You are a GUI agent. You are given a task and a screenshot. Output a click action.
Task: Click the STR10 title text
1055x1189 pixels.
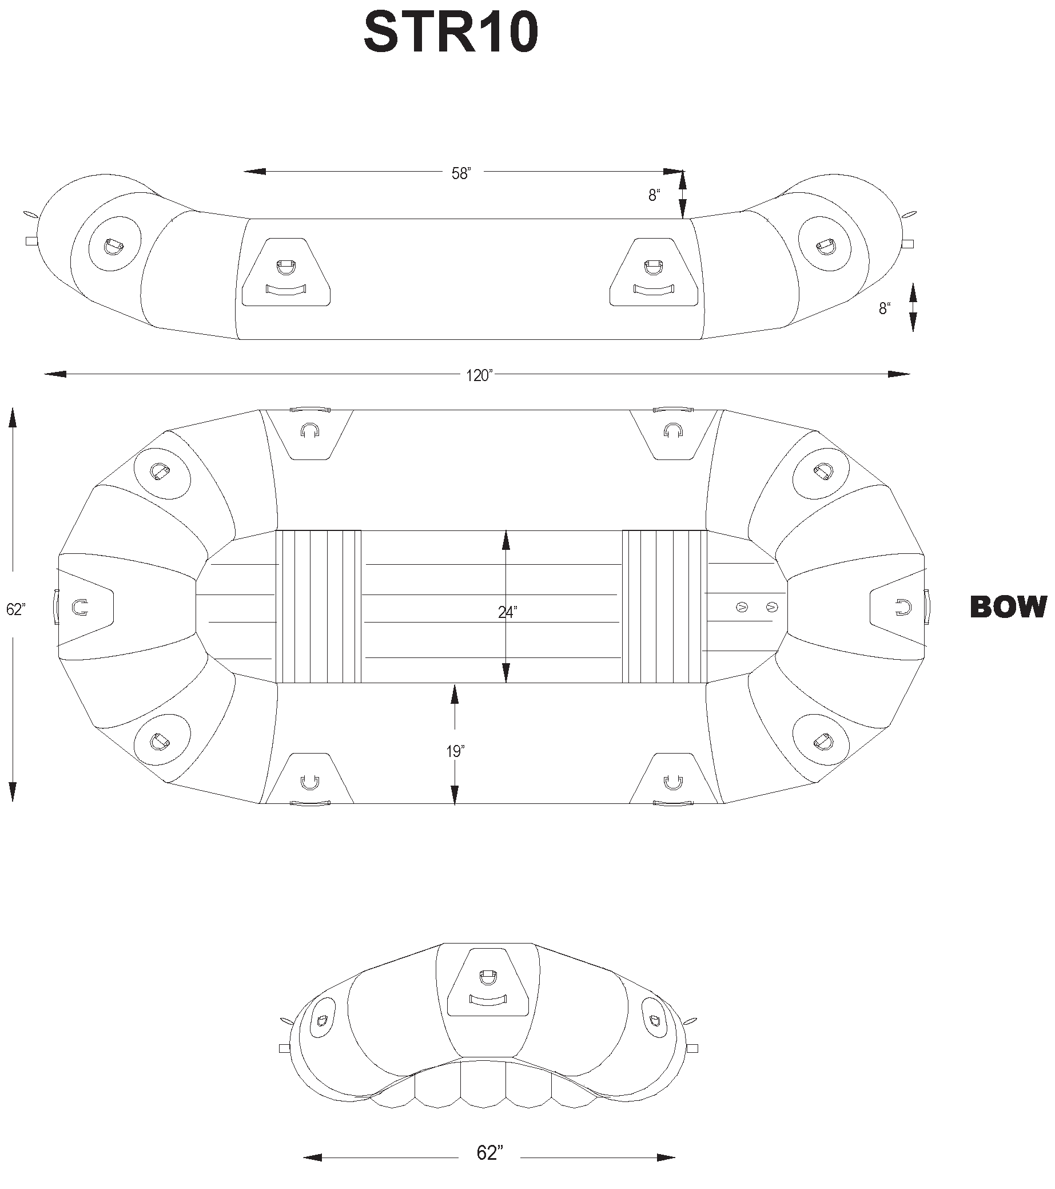pyautogui.click(x=451, y=34)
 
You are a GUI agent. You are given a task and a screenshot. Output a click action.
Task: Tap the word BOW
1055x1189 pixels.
pyautogui.click(x=1008, y=607)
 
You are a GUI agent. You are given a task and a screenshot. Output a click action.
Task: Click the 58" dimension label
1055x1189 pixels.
pyautogui.click(x=461, y=173)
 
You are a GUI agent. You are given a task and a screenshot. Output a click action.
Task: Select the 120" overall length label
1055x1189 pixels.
pyautogui.click(x=479, y=376)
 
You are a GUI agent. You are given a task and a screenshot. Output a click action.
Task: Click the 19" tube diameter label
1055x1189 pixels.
pyautogui.click(x=455, y=751)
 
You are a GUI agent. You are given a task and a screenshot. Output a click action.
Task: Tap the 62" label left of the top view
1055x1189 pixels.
pyautogui.click(x=15, y=609)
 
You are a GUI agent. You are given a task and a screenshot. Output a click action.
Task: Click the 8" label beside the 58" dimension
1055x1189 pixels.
pyautogui.click(x=655, y=196)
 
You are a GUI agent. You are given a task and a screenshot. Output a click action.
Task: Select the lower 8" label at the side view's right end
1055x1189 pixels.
pyautogui.click(x=885, y=308)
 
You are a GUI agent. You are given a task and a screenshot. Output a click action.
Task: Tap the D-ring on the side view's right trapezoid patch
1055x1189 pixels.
pyautogui.click(x=653, y=268)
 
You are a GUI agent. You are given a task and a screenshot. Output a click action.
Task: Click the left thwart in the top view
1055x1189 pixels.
pyautogui.click(x=319, y=606)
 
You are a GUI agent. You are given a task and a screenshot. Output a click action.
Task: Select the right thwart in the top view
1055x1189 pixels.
pyautogui.click(x=664, y=606)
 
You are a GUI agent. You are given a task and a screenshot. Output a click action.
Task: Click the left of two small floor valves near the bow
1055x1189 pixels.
pyautogui.click(x=741, y=607)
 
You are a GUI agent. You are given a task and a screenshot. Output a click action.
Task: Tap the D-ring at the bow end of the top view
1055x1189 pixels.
pyautogui.click(x=903, y=607)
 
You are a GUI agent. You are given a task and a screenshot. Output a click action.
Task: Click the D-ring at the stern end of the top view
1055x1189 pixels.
pyautogui.click(x=79, y=607)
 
